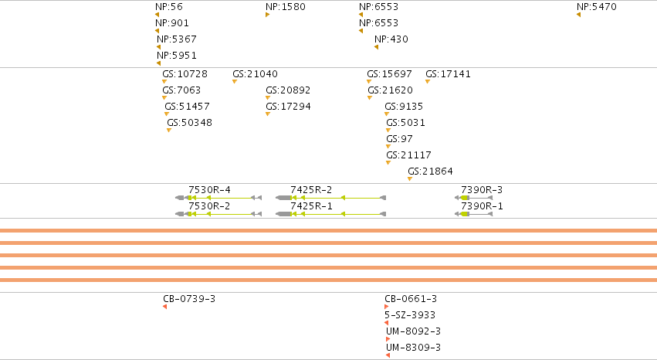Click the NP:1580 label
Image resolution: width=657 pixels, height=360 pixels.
pos(286,7)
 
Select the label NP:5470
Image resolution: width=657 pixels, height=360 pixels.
pos(596,7)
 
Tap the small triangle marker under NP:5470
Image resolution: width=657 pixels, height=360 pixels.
pos(579,15)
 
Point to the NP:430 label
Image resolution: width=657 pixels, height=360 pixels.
pos(391,39)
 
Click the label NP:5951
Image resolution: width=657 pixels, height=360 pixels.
pos(176,56)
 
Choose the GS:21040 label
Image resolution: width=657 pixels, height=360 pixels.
pos(255,74)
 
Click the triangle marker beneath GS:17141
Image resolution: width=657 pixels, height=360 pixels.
pos(428,81)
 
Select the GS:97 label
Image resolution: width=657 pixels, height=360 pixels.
pos(399,139)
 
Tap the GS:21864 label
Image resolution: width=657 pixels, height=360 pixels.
pos(430,172)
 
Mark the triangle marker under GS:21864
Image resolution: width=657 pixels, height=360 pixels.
pos(410,179)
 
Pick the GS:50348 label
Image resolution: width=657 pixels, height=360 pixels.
pos(189,123)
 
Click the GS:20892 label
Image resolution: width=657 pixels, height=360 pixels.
pos(288,90)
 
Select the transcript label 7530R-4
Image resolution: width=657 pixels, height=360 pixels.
pos(209,190)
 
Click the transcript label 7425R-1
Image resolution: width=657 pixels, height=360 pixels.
pos(311,206)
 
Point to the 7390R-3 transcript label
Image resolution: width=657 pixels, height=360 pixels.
pos(482,190)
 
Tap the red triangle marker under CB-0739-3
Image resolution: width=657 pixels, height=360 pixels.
pos(164,307)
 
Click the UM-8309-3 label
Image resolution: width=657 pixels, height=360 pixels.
pos(413,348)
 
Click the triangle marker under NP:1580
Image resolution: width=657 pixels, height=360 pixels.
pos(267,15)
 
